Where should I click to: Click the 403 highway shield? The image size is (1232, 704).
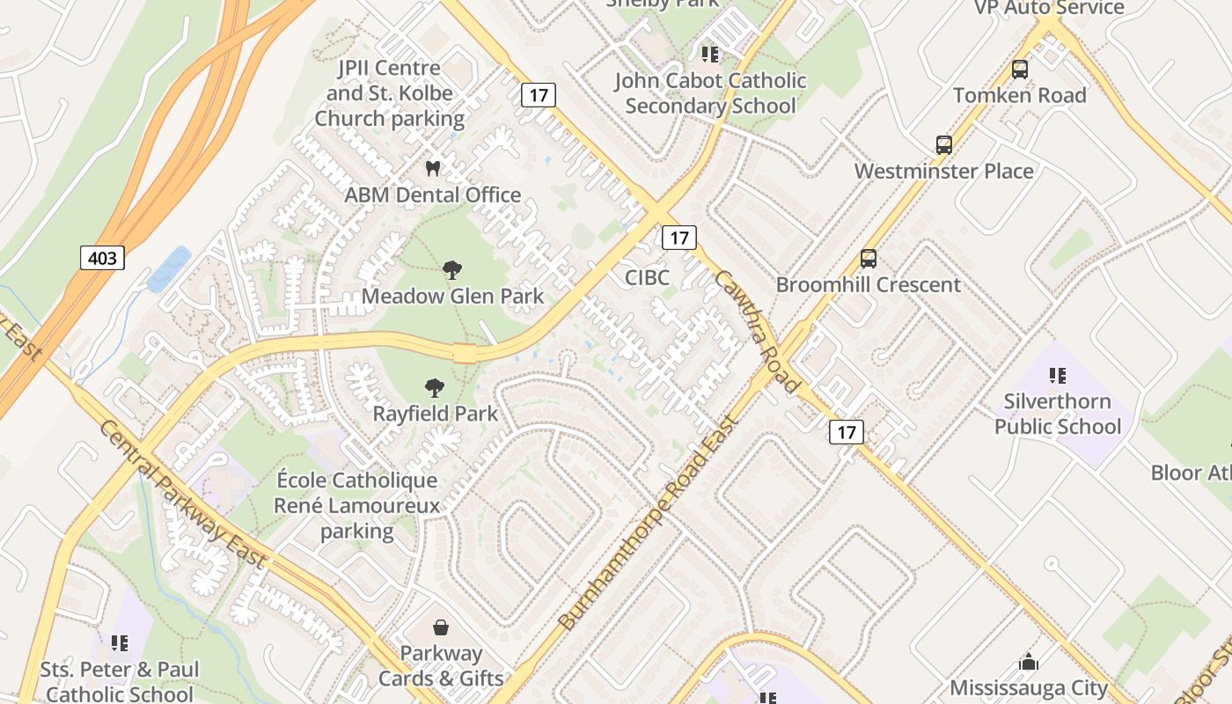pyautogui.click(x=102, y=258)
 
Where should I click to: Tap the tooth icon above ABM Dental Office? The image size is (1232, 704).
pyautogui.click(x=432, y=168)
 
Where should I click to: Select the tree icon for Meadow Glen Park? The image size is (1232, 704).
pyautogui.click(x=452, y=269)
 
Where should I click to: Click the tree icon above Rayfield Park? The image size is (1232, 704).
pyautogui.click(x=434, y=387)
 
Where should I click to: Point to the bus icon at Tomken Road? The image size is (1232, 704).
pyautogui.click(x=1020, y=69)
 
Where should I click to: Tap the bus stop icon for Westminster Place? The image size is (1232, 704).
pyautogui.click(x=944, y=145)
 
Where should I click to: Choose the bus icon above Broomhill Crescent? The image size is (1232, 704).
pyautogui.click(x=869, y=259)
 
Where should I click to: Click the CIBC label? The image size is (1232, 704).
pyautogui.click(x=647, y=278)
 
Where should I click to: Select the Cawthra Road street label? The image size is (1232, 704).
pyautogui.click(x=757, y=330)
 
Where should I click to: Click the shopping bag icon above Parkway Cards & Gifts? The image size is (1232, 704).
pyautogui.click(x=441, y=627)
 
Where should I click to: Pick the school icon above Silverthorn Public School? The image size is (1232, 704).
pyautogui.click(x=1058, y=376)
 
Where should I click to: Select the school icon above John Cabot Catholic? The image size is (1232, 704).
pyautogui.click(x=710, y=55)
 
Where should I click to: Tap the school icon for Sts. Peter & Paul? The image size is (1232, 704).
pyautogui.click(x=120, y=643)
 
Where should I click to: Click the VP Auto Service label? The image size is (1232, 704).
pyautogui.click(x=1049, y=8)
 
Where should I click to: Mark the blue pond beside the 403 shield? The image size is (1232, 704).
pyautogui.click(x=169, y=269)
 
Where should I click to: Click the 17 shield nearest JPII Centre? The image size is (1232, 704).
pyautogui.click(x=538, y=95)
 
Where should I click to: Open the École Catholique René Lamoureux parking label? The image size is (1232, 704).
pyautogui.click(x=356, y=505)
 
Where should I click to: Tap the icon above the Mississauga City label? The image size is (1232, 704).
pyautogui.click(x=1028, y=662)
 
